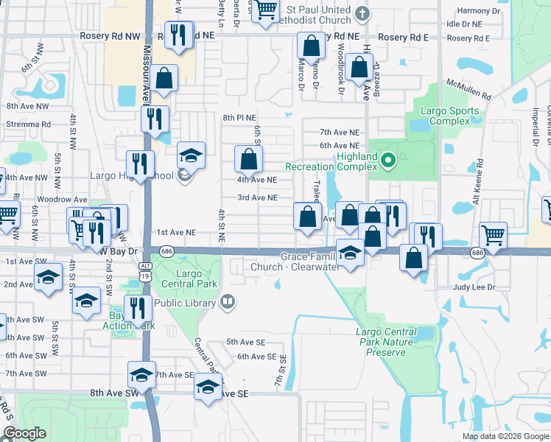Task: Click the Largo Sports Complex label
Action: click(x=449, y=116)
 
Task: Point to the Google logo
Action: click(x=24, y=433)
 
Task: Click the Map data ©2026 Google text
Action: click(x=505, y=436)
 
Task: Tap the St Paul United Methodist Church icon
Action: click(x=362, y=13)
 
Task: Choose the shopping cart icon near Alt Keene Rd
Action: click(x=494, y=236)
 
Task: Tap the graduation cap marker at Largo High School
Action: click(x=191, y=155)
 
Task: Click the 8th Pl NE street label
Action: click(x=239, y=118)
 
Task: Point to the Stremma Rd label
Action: click(x=29, y=124)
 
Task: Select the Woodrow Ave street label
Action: click(x=62, y=200)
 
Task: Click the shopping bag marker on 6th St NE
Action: click(x=249, y=158)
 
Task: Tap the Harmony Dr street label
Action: click(x=478, y=11)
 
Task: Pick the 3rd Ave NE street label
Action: click(x=257, y=197)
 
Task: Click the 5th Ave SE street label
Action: click(x=245, y=342)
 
